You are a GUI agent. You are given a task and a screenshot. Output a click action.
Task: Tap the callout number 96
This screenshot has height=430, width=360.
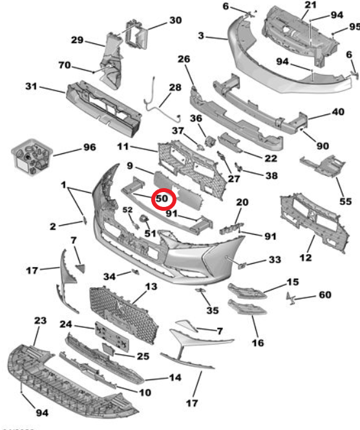pyautogui.click(x=90, y=147)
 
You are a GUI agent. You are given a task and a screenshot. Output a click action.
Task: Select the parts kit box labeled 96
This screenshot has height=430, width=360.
pyautogui.click(x=32, y=156)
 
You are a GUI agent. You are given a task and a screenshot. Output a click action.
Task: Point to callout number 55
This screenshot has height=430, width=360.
pyautogui.click(x=346, y=202)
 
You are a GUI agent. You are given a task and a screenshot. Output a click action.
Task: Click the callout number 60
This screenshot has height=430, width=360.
pyautogui.click(x=325, y=295)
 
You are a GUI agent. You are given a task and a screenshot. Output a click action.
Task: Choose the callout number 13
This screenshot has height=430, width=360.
pyautogui.click(x=151, y=286)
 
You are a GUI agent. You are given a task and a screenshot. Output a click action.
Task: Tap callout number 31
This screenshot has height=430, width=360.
pyautogui.click(x=31, y=86)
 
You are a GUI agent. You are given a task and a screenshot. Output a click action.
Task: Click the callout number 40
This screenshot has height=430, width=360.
pyautogui.click(x=338, y=112)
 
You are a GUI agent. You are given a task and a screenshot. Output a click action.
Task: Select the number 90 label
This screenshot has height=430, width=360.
pyautogui.click(x=323, y=146)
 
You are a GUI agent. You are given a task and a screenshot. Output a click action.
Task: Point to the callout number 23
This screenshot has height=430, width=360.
pyautogui.click(x=40, y=320)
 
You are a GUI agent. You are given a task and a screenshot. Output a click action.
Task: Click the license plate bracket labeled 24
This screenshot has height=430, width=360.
pyautogui.click(x=112, y=337)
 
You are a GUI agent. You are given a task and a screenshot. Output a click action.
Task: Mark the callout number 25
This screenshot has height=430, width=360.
pyautogui.click(x=143, y=356)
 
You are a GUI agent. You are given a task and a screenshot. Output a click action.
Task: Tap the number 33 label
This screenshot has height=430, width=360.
pyautogui.click(x=275, y=259)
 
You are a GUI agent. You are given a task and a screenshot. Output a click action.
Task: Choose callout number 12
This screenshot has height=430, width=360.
pyautogui.click(x=306, y=257)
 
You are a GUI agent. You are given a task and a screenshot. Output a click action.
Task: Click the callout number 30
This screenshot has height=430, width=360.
pyautogui.click(x=176, y=20)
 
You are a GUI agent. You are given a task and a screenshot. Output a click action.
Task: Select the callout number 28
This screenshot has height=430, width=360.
pyautogui.click(x=175, y=87)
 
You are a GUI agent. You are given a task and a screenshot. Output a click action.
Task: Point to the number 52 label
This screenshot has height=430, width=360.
pyautogui.click(x=127, y=210)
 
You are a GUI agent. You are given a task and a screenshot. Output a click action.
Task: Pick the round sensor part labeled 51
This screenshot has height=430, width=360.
pyautogui.click(x=144, y=219)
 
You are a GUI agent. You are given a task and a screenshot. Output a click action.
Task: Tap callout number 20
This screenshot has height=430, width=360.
pyautogui.click(x=242, y=202)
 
